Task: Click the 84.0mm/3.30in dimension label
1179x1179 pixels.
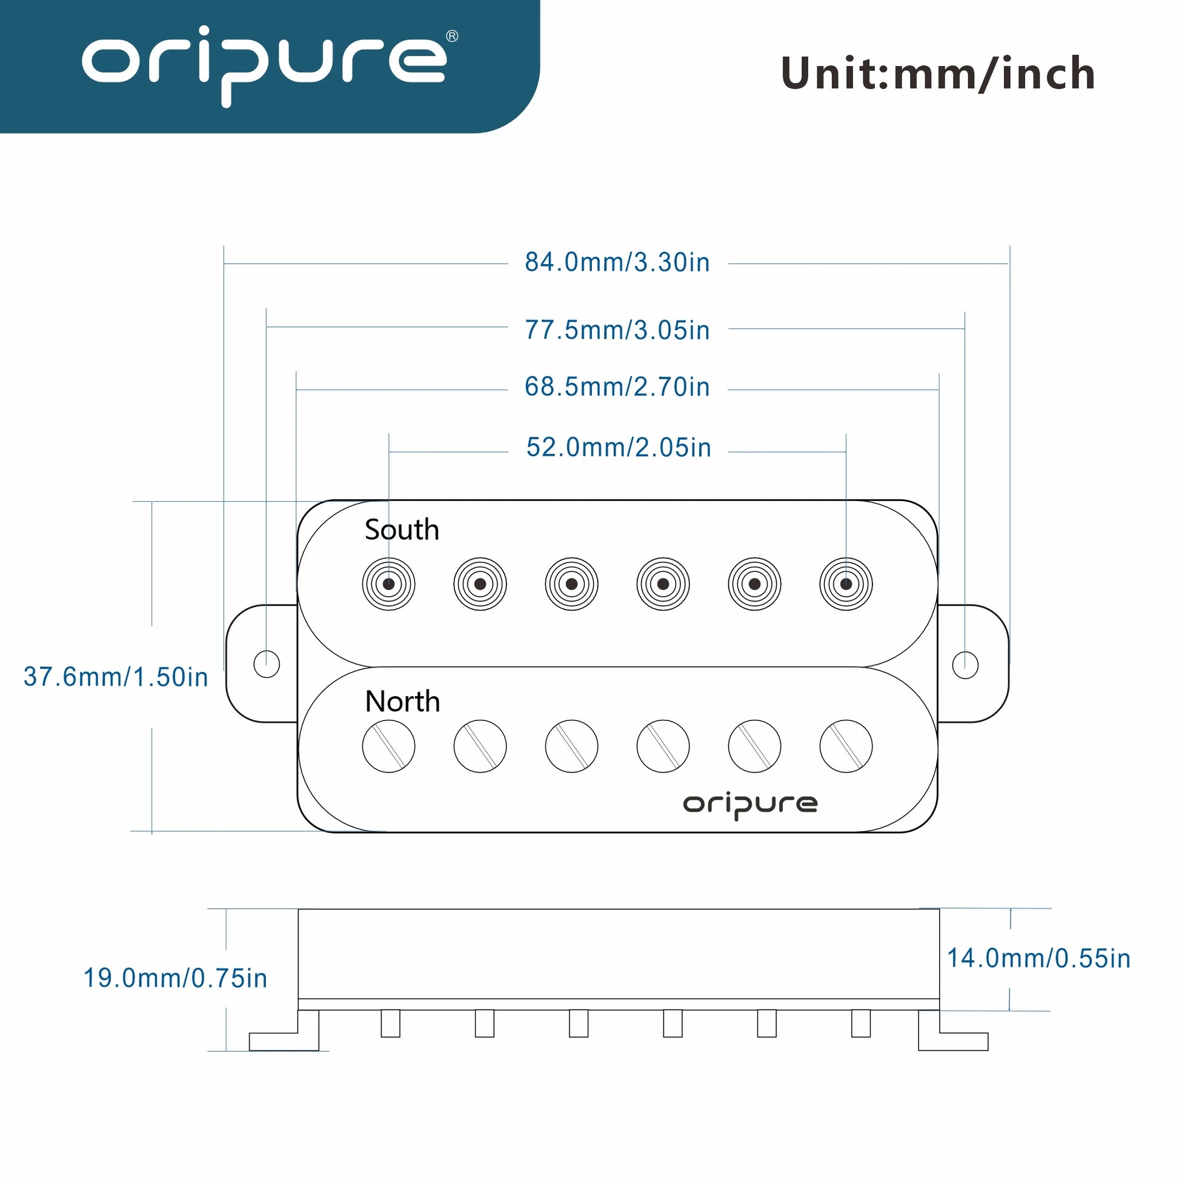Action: click(x=617, y=262)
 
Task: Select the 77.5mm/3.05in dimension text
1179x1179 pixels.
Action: click(x=617, y=330)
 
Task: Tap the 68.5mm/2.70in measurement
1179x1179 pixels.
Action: click(x=617, y=387)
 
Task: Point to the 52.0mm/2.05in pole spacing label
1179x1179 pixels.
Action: click(x=619, y=447)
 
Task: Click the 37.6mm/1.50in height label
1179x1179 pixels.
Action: click(x=116, y=677)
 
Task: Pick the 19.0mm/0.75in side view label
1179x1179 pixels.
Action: click(x=175, y=978)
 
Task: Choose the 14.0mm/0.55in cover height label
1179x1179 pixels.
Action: click(x=1038, y=958)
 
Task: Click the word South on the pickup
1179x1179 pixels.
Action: click(x=402, y=530)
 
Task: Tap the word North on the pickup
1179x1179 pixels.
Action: click(x=402, y=701)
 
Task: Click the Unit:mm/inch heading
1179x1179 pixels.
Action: click(x=938, y=74)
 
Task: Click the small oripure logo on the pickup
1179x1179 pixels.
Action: click(x=750, y=806)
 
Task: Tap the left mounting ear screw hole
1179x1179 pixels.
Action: click(x=267, y=664)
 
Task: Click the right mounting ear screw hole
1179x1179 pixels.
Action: click(x=965, y=665)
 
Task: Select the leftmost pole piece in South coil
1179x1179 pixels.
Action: click(x=389, y=584)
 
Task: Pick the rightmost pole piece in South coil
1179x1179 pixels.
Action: click(x=846, y=584)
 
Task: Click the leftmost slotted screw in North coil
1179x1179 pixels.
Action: click(x=389, y=746)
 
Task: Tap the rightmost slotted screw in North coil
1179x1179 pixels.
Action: click(x=846, y=746)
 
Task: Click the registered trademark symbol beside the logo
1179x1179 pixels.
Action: click(x=452, y=36)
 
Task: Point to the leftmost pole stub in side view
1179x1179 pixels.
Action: click(x=391, y=1023)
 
